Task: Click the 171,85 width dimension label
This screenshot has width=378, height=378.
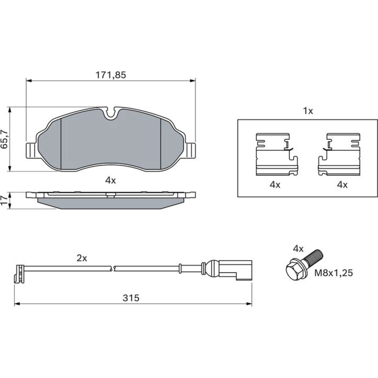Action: tap(111, 75)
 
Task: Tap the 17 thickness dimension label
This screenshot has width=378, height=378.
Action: tap(5, 200)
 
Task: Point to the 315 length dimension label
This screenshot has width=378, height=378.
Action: tap(131, 298)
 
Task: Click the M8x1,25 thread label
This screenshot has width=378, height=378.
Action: tap(334, 273)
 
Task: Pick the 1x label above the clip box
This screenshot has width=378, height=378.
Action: tap(308, 111)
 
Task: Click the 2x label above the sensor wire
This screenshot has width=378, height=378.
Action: tap(82, 259)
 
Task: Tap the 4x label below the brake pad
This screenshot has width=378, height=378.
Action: tap(110, 180)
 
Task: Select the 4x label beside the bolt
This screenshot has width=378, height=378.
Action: tap(298, 249)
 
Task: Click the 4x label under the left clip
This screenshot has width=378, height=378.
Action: tap(275, 185)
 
